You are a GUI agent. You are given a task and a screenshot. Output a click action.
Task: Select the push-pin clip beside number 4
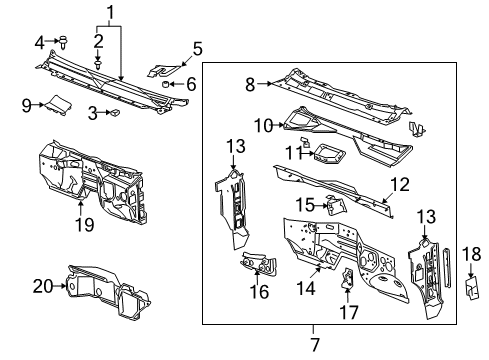coord(63,42)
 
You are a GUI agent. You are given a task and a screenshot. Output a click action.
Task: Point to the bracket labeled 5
coord(164,72)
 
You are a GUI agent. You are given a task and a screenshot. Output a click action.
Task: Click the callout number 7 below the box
coord(315,342)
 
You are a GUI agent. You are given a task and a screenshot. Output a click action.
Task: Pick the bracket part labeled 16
coord(259,267)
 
